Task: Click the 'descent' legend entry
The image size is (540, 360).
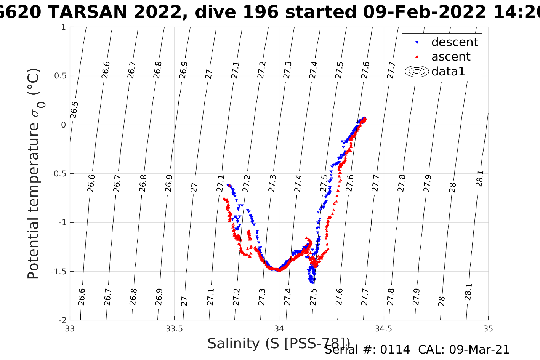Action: [x=454, y=42]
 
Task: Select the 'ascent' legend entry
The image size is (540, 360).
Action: [x=451, y=57]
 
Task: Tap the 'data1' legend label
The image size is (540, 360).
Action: [x=448, y=71]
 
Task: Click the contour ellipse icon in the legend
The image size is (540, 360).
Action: [x=417, y=71]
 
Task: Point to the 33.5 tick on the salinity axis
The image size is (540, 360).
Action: [x=174, y=328]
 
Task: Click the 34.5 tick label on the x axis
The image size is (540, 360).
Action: [x=383, y=328]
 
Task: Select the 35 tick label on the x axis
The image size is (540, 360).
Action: [x=488, y=328]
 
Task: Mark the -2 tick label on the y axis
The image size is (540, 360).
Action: [x=61, y=320]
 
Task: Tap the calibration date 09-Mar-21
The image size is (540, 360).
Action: [x=479, y=350]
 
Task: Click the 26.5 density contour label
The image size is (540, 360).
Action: [x=74, y=110]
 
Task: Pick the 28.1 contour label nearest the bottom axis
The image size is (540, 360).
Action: [x=468, y=292]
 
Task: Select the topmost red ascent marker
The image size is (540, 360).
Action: [x=365, y=118]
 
